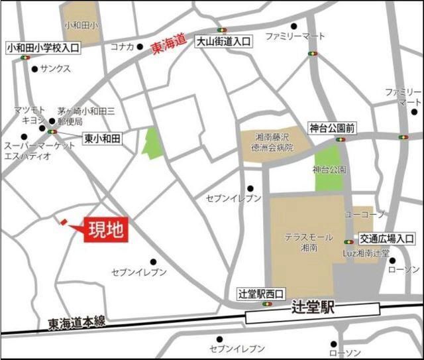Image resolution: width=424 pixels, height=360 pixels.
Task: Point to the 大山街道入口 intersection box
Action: [x=224, y=41]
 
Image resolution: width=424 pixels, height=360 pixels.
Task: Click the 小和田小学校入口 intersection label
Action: [x=42, y=48]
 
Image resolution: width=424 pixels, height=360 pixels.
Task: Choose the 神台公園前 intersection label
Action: [x=331, y=127]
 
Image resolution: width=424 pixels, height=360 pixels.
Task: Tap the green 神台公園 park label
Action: [x=329, y=170]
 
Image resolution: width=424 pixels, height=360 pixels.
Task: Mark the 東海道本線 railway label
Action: [x=77, y=323]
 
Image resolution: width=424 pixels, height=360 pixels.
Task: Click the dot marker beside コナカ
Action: [x=140, y=47]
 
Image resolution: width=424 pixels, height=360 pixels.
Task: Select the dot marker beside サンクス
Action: [x=34, y=68]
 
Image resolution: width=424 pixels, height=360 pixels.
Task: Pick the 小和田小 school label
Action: [x=80, y=25]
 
